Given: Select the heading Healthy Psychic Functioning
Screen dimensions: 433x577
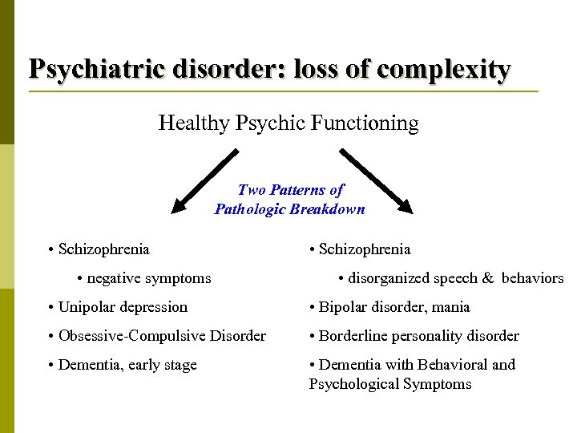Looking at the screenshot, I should [288, 123].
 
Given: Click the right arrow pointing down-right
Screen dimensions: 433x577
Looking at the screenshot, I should [376, 181].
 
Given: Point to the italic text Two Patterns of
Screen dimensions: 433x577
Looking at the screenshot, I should [290, 190].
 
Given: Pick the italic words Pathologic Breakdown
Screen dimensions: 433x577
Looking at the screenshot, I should [289, 209].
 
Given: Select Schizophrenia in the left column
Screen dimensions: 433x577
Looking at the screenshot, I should [103, 249].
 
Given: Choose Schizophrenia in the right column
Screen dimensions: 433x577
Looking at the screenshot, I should [365, 249].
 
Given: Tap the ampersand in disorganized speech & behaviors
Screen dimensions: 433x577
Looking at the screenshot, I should [487, 278].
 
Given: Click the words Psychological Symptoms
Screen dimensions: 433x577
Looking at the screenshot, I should [390, 384].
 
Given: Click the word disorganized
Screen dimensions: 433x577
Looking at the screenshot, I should [389, 278].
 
